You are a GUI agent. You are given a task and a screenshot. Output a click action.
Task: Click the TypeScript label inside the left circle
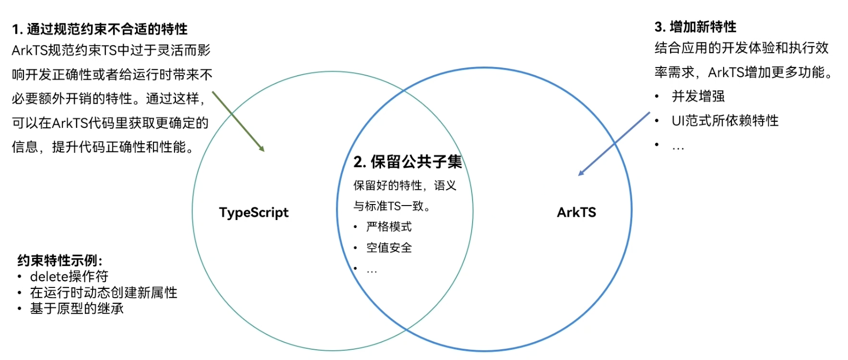[254, 212]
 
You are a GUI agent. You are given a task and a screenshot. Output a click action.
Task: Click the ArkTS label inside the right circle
[576, 212]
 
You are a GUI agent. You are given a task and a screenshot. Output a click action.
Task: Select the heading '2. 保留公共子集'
[408, 162]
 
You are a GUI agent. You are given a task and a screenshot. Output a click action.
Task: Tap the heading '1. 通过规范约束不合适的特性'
[100, 29]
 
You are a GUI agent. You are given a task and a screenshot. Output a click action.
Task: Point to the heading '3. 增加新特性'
[695, 27]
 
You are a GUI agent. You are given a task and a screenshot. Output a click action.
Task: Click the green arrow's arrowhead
[262, 149]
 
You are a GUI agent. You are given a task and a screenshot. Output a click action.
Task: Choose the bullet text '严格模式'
[389, 227]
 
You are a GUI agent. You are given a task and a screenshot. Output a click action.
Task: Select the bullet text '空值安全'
[389, 248]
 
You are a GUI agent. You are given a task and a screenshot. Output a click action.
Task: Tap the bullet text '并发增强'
[698, 96]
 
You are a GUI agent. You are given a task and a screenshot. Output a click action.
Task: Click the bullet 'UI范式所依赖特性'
[725, 121]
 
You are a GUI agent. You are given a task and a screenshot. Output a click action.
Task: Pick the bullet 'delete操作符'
[69, 277]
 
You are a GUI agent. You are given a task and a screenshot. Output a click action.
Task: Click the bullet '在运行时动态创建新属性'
[103, 292]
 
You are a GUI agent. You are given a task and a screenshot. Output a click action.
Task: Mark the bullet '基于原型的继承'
[77, 308]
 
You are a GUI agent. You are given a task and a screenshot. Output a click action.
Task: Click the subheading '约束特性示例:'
[60, 261]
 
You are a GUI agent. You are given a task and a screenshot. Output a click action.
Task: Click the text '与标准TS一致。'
[392, 206]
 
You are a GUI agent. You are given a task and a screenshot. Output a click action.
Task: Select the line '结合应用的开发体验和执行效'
[741, 48]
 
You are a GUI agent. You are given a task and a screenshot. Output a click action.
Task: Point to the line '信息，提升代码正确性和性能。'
[104, 147]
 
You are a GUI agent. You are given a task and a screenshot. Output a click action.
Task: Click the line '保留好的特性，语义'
[405, 185]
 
